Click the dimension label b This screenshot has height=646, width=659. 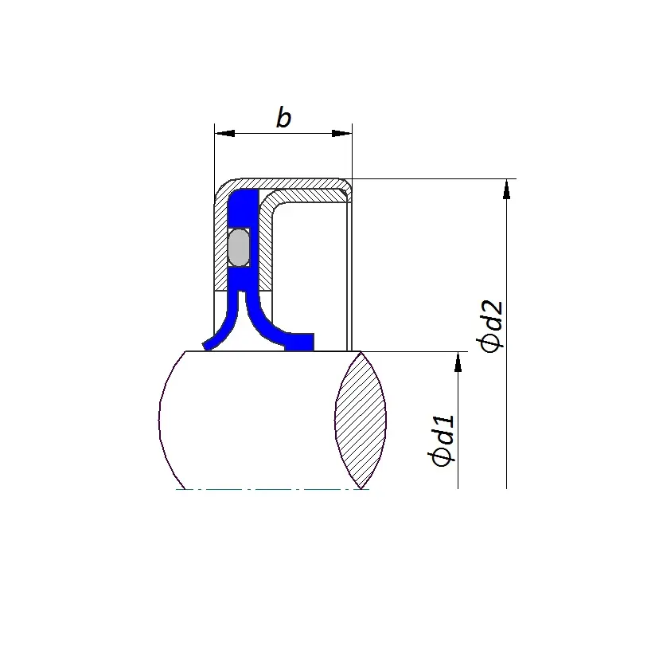283,117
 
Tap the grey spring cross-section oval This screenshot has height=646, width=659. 239,247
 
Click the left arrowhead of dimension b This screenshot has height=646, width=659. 224,133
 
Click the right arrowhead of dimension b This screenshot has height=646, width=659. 341,133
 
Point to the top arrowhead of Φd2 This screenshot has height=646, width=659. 506,189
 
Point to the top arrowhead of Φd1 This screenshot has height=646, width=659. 458,362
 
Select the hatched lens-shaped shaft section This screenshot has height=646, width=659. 361,420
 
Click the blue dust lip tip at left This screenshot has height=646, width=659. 207,345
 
